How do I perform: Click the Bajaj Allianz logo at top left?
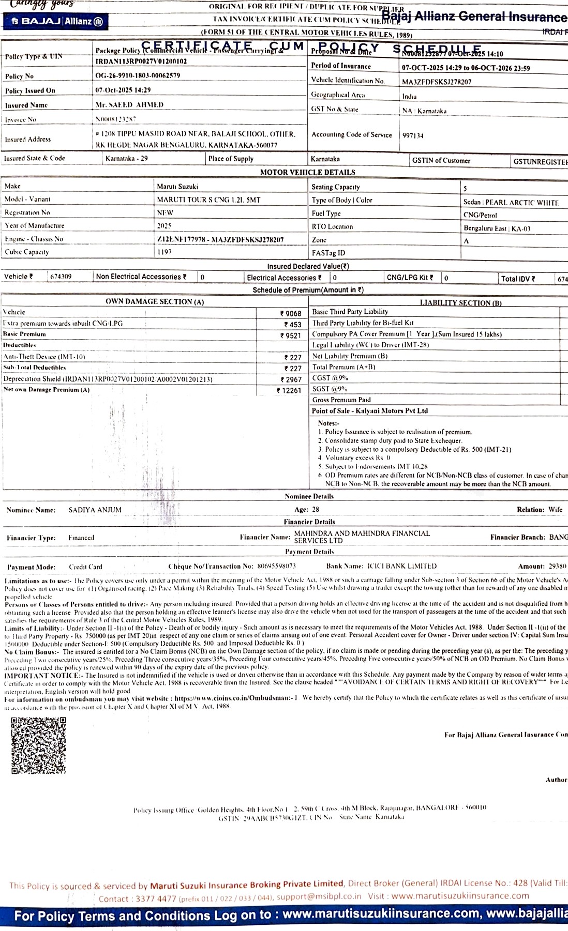pyautogui.click(x=56, y=21)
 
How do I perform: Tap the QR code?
pyautogui.click(x=38, y=745)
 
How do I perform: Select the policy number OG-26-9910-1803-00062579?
pyautogui.click(x=138, y=75)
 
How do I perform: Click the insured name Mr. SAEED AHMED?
pyautogui.click(x=129, y=105)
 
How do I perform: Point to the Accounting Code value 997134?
pyautogui.click(x=413, y=135)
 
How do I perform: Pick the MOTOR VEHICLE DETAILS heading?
pyautogui.click(x=307, y=173)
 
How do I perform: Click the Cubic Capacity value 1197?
pyautogui.click(x=164, y=252)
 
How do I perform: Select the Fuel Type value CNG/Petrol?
pyautogui.click(x=480, y=215)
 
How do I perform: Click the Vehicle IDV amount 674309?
pyautogui.click(x=61, y=277)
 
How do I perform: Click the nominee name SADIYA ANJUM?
pyautogui.click(x=95, y=510)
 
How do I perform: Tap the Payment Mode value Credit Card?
pyautogui.click(x=85, y=567)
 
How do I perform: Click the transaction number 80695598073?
pyautogui.click(x=276, y=567)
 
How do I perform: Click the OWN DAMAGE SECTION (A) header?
pyautogui.click(x=155, y=302)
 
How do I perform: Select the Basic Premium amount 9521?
pyautogui.click(x=291, y=335)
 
